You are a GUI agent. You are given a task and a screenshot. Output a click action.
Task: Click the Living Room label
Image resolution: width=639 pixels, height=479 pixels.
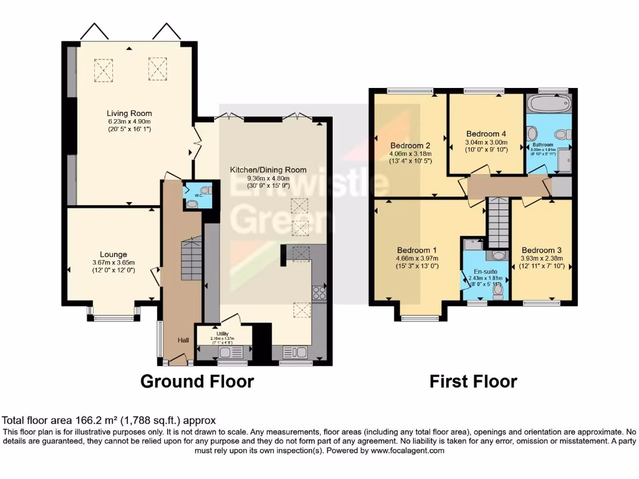click(x=129, y=113)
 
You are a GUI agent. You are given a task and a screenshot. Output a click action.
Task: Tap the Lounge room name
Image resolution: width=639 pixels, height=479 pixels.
click(x=113, y=254)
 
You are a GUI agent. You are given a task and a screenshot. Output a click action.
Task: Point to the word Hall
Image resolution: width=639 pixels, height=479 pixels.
click(x=183, y=340)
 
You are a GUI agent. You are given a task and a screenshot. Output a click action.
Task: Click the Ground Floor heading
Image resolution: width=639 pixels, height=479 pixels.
click(x=197, y=381)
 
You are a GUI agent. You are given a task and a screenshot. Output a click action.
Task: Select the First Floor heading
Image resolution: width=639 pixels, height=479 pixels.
click(x=473, y=381)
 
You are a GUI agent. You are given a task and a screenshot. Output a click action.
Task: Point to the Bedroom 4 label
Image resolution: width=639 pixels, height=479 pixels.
click(x=486, y=133)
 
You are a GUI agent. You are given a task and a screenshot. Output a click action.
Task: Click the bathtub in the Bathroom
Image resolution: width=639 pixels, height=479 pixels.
click(x=548, y=104)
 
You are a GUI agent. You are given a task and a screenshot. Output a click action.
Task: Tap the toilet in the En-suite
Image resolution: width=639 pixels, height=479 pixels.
click(x=497, y=290)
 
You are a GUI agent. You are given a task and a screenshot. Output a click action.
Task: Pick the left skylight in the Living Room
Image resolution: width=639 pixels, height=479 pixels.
click(x=104, y=69)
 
